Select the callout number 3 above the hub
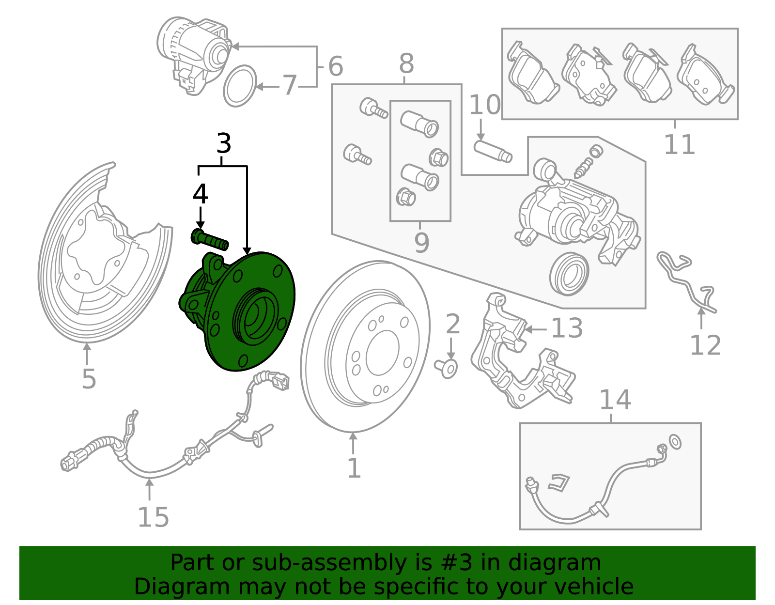tap(223, 144)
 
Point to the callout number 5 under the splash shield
tap(89, 379)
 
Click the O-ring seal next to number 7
tap(240, 86)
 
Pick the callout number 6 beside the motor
tap(335, 66)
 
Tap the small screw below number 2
tap(447, 368)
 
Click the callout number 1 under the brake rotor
tap(354, 468)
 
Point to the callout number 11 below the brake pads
tap(679, 144)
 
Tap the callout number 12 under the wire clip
tap(705, 346)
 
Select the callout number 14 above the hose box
tap(615, 400)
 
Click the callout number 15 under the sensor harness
tap(153, 517)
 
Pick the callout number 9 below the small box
tap(421, 243)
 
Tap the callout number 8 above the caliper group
tap(406, 63)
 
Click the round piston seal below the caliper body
tap(569, 274)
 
